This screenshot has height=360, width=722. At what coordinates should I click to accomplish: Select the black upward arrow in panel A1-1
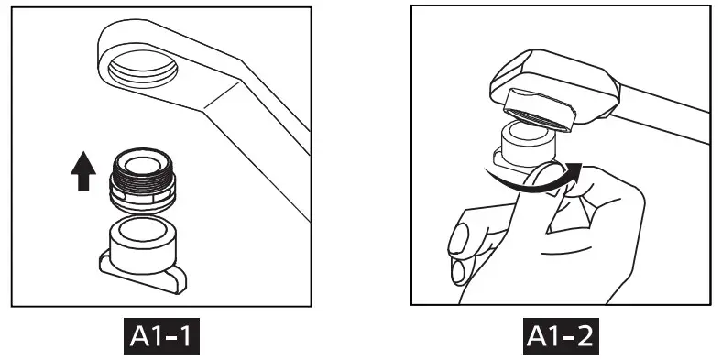click(82, 171)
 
